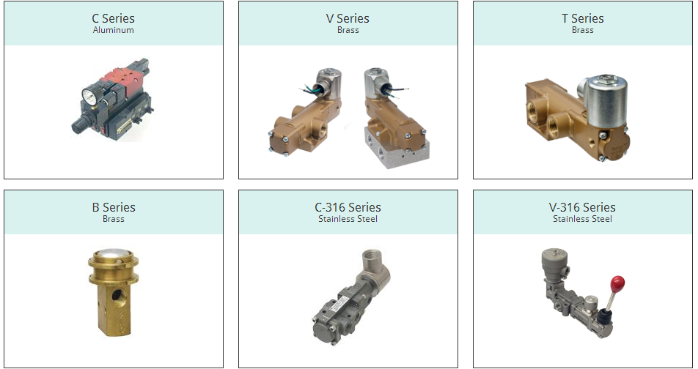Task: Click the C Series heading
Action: pos(113,19)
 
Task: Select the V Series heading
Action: pos(348,19)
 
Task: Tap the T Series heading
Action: pos(583,19)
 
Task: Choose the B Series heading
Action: pos(114,207)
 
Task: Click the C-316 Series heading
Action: pos(348,207)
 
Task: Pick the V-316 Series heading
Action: pos(582,207)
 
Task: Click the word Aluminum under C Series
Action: pos(114,30)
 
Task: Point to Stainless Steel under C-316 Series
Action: pos(348,219)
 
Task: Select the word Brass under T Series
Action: pos(583,30)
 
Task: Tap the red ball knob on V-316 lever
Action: pos(617,283)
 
